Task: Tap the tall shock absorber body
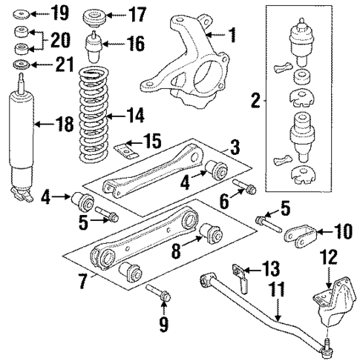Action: point(23,141)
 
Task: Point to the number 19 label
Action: point(59,13)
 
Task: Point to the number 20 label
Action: point(62,42)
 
